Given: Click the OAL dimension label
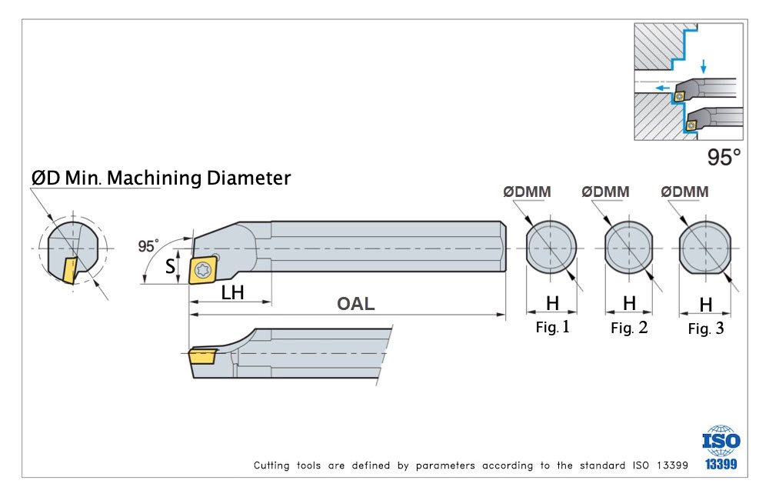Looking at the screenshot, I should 356,304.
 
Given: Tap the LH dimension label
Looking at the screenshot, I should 233,292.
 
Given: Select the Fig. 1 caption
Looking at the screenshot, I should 552,327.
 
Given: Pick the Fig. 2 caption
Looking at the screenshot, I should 629,329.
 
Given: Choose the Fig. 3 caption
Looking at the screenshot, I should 705,329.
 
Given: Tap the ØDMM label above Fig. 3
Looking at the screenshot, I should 685,192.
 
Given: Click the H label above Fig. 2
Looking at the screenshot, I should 629,303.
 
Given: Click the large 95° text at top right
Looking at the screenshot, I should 724,158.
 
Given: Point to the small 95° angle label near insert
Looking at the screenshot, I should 148,246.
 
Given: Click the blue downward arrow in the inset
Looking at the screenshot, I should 702,67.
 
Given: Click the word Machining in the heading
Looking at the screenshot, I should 155,178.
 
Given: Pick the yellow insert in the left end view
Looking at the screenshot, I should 69,270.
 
